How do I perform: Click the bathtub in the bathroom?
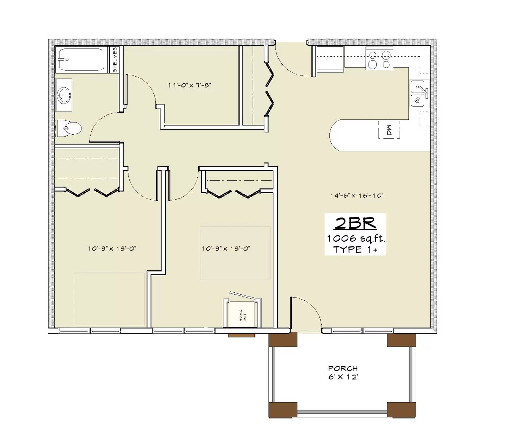point(81,60)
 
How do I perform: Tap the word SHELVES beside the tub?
point(114,60)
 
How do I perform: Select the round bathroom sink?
point(64,95)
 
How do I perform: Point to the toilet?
point(69,128)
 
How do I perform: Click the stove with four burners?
point(379,58)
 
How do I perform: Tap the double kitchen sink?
point(419,94)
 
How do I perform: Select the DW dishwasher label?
point(389,130)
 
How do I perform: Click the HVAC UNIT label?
point(243,316)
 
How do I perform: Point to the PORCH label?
point(343,368)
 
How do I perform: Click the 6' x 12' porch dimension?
point(343,377)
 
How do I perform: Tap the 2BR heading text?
point(355,223)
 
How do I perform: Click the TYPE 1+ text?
point(355,250)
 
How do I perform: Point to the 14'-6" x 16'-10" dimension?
point(357,195)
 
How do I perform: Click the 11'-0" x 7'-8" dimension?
point(189,85)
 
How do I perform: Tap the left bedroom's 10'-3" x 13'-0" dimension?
point(112,249)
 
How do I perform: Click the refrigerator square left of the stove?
point(330,59)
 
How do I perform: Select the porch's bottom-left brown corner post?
point(283,410)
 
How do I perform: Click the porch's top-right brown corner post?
point(401,340)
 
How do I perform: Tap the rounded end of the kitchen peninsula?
point(337,135)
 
